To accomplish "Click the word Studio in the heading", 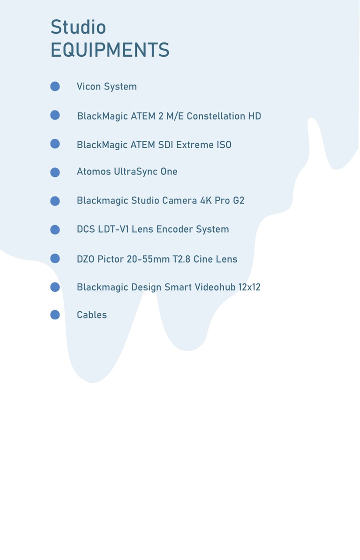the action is tap(78, 28).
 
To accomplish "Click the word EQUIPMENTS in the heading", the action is tap(110, 50).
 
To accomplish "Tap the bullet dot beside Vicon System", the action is tap(55, 86).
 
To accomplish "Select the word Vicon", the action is tap(89, 86).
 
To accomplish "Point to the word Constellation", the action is tap(216, 116).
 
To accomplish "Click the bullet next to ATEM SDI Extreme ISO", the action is tap(55, 144).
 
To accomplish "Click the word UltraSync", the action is tap(135, 172).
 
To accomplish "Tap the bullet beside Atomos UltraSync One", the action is tap(55, 172).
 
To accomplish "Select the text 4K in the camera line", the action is tap(206, 201).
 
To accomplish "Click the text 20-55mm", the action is tap(148, 259).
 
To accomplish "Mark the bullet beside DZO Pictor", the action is tap(55, 258).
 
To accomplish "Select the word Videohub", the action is tap(212, 287).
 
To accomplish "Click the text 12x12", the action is tap(249, 287).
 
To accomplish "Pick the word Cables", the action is tap(92, 315).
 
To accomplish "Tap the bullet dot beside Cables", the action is tap(55, 315).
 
